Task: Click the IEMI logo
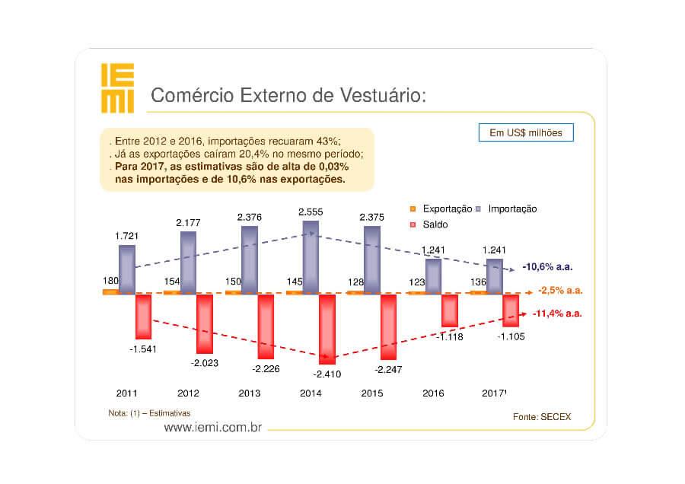118,88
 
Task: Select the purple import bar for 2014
311,256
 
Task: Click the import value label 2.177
188,222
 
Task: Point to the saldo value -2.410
329,374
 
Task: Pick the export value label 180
110,282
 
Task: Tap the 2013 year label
249,393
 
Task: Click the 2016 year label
432,393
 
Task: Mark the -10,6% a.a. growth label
547,267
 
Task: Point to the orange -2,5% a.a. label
560,291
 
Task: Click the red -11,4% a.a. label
557,314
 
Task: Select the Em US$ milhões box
525,132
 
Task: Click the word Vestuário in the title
381,96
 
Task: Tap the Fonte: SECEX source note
542,417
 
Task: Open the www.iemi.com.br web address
212,428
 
